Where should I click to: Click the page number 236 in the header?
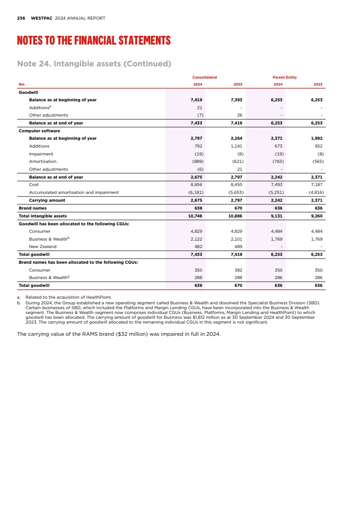pos(21,18)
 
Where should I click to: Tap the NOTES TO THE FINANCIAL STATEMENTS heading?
pos(93,41)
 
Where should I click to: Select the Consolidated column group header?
pos(204,77)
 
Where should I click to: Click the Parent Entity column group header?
pos(285,77)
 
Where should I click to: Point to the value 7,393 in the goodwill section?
pos(236,100)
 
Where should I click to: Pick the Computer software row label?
pos(39,131)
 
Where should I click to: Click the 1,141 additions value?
pos(236,146)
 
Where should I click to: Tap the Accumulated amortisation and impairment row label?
pos(74,192)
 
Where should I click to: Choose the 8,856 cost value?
pos(196,185)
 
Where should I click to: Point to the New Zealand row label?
pos(43,247)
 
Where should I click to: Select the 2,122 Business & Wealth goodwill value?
pos(196,239)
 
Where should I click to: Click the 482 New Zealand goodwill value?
pos(198,247)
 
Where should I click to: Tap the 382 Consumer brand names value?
pos(238,270)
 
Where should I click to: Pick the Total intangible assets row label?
pos(42,216)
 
